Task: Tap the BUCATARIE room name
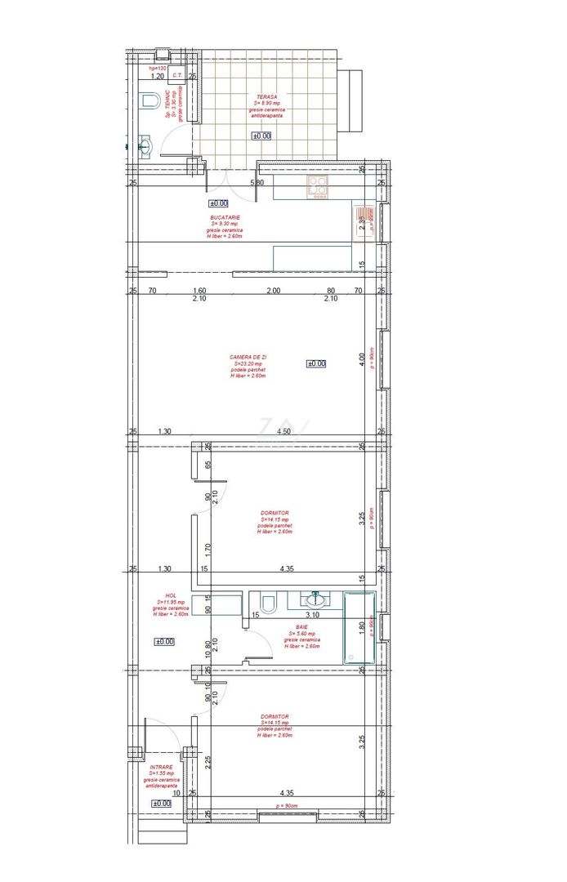click(225, 218)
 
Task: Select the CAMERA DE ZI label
click(248, 358)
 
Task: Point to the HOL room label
click(171, 595)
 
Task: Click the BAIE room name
click(302, 628)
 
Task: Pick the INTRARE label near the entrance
click(161, 768)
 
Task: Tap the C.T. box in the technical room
click(176, 76)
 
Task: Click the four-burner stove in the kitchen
click(317, 187)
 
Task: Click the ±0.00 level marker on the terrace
click(261, 136)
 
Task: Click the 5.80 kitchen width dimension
click(257, 183)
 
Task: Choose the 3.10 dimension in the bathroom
click(311, 614)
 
